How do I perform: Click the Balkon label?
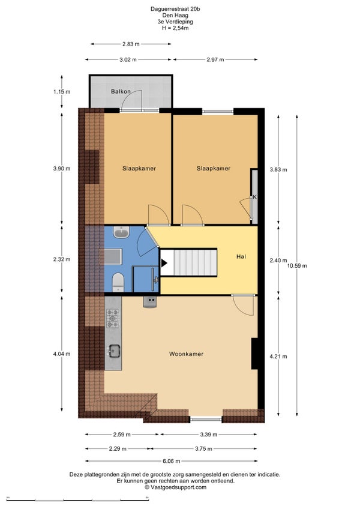(121, 92)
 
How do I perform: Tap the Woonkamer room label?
(187, 354)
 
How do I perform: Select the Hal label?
(241, 256)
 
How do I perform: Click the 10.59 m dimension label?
(297, 265)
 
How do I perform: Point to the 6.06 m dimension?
(171, 461)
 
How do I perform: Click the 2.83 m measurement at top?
(131, 44)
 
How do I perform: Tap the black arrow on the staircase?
(164, 263)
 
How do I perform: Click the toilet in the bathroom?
(118, 282)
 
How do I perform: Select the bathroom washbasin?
(121, 232)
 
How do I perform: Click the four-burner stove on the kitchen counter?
(113, 318)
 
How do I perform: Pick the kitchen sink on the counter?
(114, 351)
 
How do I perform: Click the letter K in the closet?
(255, 197)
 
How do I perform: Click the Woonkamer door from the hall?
(244, 305)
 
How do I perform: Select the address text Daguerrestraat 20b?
(175, 9)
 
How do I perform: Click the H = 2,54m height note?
(175, 28)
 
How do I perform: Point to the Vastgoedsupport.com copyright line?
(175, 487)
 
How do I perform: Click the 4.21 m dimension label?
(278, 357)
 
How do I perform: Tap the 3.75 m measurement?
(203, 448)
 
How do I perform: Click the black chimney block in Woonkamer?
(255, 354)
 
